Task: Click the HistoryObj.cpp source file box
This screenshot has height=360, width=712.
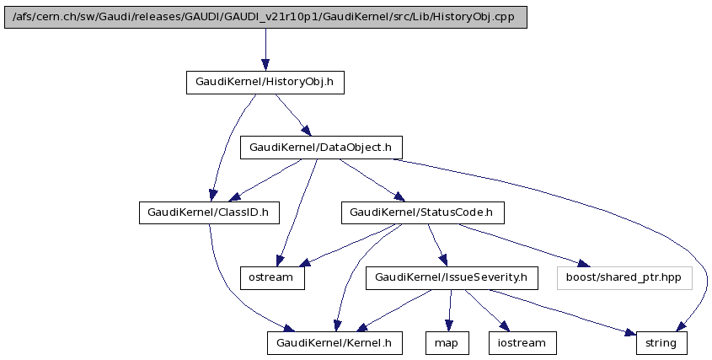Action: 265,17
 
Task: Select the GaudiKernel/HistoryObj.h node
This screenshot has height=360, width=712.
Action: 265,83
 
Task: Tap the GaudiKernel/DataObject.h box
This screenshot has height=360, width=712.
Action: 320,148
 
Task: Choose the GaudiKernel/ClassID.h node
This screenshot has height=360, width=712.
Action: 208,212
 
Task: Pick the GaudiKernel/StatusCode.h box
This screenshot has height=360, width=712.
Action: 422,212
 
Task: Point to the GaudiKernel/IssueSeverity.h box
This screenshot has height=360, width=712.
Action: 451,277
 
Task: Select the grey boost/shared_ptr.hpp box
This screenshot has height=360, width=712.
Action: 624,277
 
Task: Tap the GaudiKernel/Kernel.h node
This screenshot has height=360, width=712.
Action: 335,342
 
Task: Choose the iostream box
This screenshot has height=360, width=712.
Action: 522,342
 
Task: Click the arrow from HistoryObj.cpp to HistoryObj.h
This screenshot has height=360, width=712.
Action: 265,49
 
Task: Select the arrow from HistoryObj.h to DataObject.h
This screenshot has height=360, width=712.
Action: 292,115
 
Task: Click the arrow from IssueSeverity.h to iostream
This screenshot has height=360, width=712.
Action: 485,309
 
